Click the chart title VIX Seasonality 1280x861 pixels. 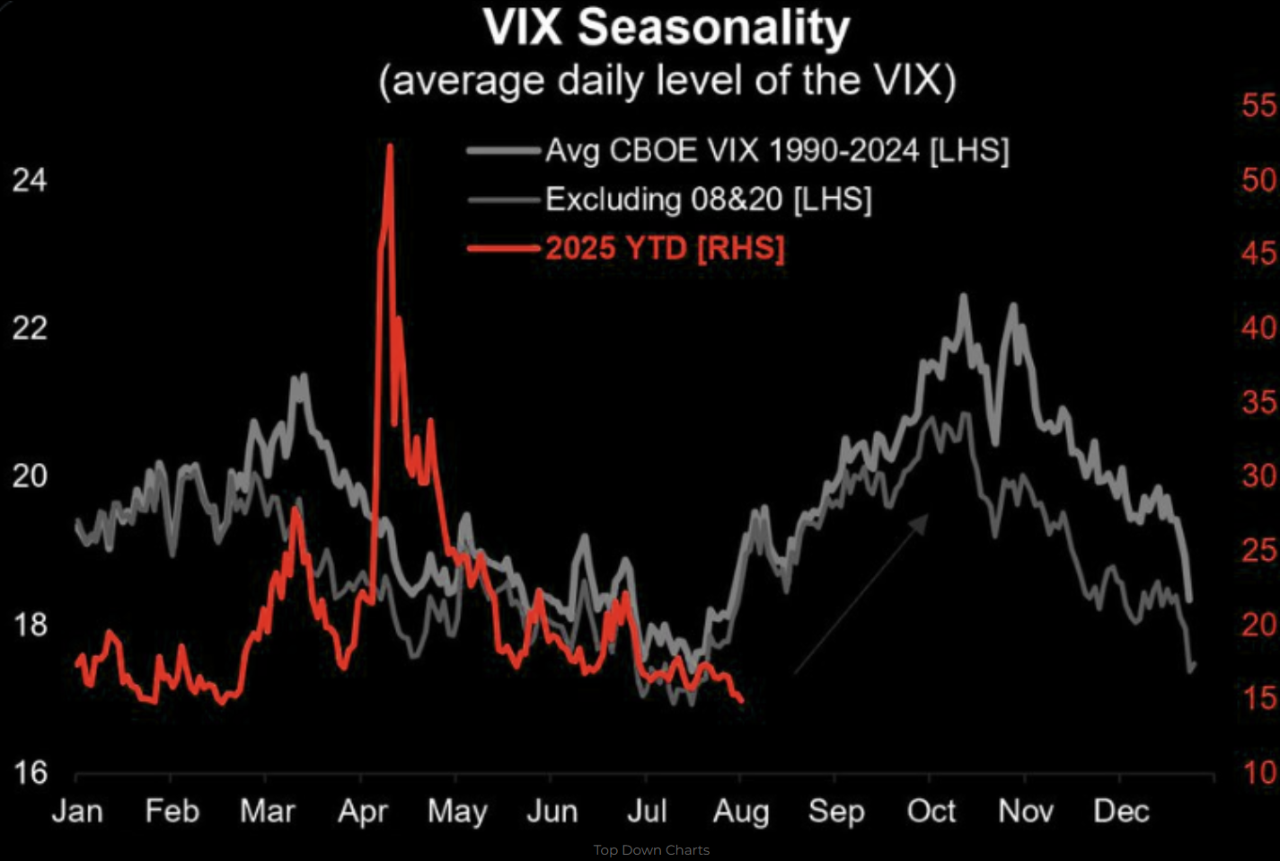(666, 28)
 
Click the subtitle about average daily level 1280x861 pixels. (667, 80)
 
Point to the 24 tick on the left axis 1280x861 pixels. (30, 181)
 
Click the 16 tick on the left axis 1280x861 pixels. (30, 773)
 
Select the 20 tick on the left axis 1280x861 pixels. (30, 475)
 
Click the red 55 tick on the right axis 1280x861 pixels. (1258, 106)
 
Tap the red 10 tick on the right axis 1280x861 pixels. (1258, 773)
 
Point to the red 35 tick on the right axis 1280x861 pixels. (1258, 403)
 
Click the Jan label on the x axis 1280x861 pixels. (77, 812)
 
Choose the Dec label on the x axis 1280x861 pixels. (1121, 812)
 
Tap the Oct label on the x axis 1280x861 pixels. (931, 812)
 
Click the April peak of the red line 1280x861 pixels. (390, 146)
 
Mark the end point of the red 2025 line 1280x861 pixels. (742, 700)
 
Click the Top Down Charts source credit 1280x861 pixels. (651, 850)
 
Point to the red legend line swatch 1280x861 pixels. (503, 249)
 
